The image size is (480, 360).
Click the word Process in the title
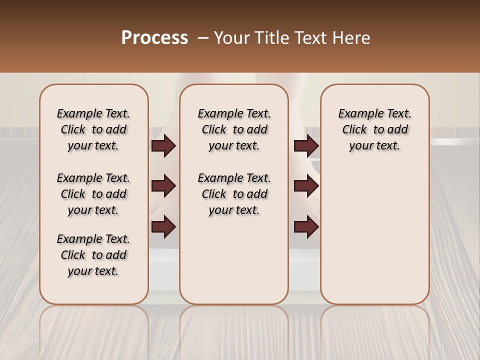coord(154,38)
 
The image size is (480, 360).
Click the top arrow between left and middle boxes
coord(163,145)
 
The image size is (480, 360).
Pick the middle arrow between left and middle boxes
coord(163,186)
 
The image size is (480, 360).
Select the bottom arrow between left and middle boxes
coord(163,226)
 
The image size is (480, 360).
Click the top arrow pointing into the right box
coord(306,145)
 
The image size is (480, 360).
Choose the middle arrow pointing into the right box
coord(306,186)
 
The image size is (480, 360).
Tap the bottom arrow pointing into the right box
coord(306,226)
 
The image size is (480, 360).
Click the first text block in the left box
coord(93,129)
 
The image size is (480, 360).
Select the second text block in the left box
coord(93,194)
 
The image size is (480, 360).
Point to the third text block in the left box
coord(93,255)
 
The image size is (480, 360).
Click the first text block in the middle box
coord(234,129)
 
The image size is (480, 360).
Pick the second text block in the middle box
coord(234,194)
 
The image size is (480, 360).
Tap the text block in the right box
coord(374,129)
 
